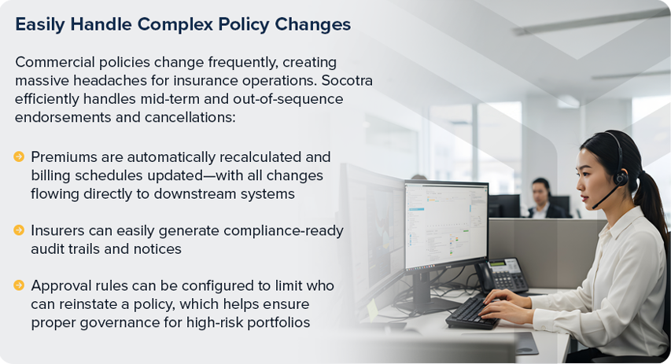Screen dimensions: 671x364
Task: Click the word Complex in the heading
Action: point(175,25)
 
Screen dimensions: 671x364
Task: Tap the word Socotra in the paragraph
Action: point(347,80)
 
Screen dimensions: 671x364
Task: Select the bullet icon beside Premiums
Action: point(19,156)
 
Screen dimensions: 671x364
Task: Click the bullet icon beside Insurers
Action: point(19,230)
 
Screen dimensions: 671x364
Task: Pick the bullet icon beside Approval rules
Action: point(19,285)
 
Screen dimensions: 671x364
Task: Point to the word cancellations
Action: point(190,117)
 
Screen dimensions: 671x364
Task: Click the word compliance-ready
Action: point(283,231)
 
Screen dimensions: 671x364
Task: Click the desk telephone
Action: point(504,276)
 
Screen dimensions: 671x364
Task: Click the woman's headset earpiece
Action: point(620,177)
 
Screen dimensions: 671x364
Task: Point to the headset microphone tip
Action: point(595,207)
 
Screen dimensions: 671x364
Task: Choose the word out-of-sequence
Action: point(288,99)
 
